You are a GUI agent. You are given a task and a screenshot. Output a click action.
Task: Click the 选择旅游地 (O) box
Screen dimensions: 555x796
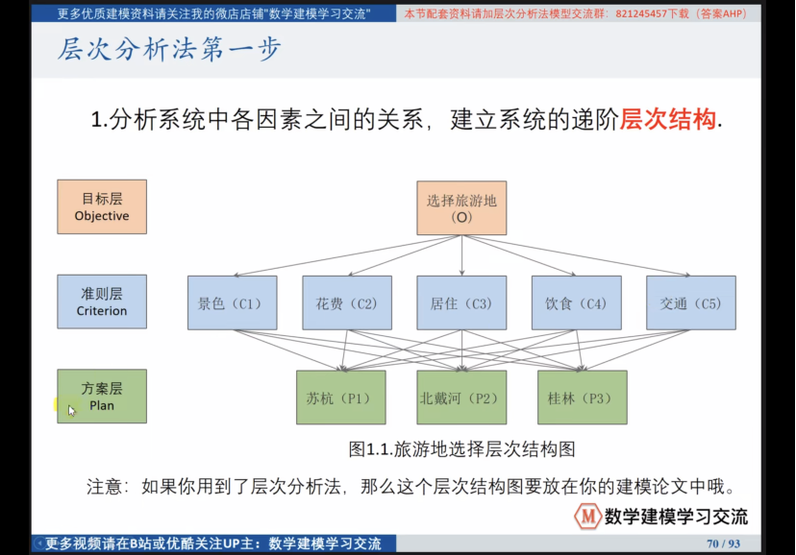click(461, 207)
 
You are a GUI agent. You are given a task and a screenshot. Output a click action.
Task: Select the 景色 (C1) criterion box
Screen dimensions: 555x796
click(232, 303)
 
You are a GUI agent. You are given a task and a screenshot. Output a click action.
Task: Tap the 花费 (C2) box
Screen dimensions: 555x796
click(347, 303)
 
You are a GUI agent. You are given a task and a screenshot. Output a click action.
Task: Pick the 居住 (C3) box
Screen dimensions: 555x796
click(461, 303)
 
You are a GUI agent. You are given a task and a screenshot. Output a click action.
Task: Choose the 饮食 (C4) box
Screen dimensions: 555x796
click(576, 303)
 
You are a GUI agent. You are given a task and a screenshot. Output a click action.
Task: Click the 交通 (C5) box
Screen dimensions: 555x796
click(690, 303)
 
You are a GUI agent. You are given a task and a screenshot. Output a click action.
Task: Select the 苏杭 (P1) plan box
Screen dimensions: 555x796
click(340, 398)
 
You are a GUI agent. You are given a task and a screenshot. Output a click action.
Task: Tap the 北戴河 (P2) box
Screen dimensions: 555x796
click(460, 398)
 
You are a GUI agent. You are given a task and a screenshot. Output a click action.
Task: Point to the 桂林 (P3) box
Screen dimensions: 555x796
click(582, 398)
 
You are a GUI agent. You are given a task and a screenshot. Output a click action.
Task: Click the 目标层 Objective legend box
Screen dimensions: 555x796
click(102, 206)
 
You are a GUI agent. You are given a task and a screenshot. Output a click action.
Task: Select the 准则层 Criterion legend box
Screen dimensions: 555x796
click(102, 302)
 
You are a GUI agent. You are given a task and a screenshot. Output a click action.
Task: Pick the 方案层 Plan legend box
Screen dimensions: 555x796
click(102, 396)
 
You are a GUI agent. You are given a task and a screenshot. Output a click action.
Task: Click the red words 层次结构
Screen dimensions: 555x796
click(668, 120)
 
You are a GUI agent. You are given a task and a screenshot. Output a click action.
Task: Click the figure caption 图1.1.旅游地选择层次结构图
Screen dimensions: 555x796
click(461, 448)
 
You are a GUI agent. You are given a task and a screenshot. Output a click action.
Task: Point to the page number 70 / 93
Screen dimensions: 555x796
click(724, 543)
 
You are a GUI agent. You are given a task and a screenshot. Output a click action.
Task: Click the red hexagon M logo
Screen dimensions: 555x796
click(587, 516)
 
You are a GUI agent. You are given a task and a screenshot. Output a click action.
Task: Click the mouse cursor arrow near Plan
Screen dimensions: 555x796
click(71, 410)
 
